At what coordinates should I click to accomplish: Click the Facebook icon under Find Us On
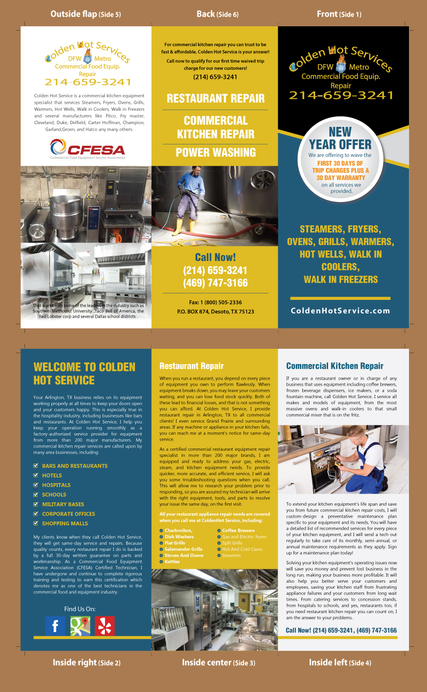pos(55,626)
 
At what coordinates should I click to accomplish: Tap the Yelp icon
pos(104,626)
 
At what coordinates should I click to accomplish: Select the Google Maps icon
pos(80,626)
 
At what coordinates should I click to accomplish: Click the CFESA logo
pos(88,150)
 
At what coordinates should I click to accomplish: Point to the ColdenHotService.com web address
pos(340,310)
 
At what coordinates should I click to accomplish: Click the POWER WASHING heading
pos(215,152)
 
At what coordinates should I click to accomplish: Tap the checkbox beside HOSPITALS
pos(36,485)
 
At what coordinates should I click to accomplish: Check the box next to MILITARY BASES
pos(36,504)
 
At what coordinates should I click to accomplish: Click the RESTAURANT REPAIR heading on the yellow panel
pos(215,98)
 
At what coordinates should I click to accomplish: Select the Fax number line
pos(215,303)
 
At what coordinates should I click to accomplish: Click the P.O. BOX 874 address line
pos(215,312)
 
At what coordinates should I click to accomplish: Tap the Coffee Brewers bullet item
pos(238,531)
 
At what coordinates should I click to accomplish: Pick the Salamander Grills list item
pos(183,549)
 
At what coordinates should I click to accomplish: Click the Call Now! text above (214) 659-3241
pos(215,257)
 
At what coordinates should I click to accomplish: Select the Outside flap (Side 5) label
pos(85,14)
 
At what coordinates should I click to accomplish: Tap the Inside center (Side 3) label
pos(218,662)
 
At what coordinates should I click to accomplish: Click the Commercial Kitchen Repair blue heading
pos(335,366)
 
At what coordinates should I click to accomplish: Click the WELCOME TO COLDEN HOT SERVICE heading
pos(85,374)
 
